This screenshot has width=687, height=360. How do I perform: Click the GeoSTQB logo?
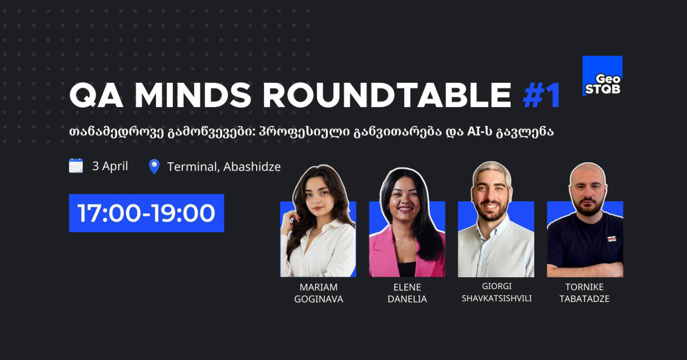click(602, 75)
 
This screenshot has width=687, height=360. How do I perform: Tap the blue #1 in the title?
click(542, 96)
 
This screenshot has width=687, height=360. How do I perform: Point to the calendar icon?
click(76, 166)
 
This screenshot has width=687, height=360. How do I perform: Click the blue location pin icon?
click(154, 167)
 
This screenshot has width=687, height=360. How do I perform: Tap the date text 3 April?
click(110, 166)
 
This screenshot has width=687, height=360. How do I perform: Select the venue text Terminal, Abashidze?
click(224, 167)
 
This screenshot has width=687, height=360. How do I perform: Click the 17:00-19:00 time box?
click(146, 213)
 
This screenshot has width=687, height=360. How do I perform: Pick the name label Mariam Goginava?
click(318, 294)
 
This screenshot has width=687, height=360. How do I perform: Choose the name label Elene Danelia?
click(407, 294)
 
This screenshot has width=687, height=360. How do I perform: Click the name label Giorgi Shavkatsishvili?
click(496, 292)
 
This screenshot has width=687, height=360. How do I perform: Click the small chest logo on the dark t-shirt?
click(611, 238)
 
